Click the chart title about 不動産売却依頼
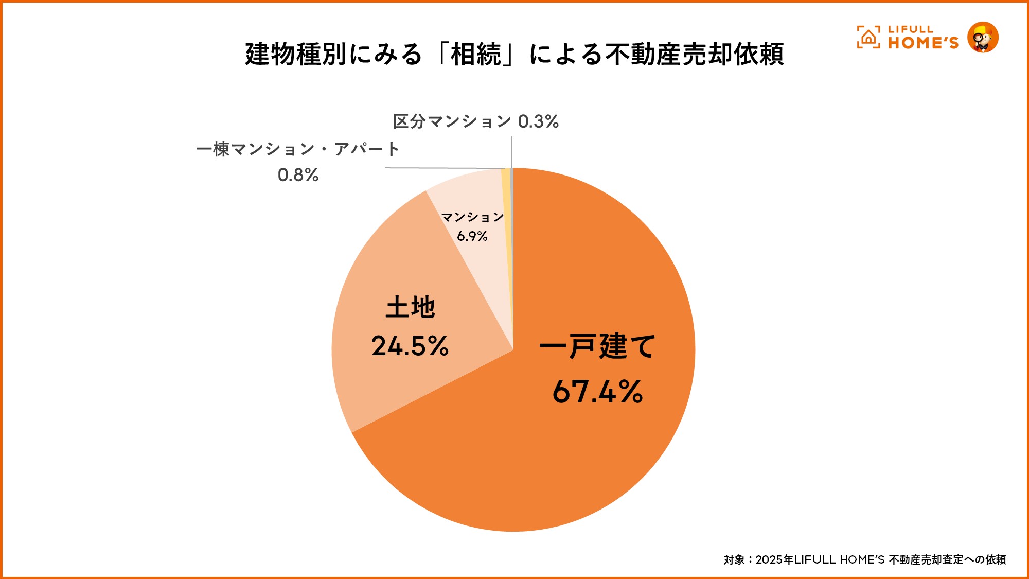[x=514, y=54]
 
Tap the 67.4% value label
[x=597, y=392]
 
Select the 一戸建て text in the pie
[x=597, y=346]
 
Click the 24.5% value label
[x=410, y=346]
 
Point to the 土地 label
[x=410, y=308]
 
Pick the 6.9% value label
[x=472, y=236]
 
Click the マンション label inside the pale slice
[x=472, y=217]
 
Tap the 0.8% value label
[x=298, y=176]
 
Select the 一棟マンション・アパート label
[x=298, y=149]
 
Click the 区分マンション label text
[x=452, y=121]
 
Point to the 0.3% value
[x=538, y=121]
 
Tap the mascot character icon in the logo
[x=983, y=38]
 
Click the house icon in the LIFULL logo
[x=868, y=38]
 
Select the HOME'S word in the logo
[x=923, y=43]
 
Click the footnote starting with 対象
[x=864, y=559]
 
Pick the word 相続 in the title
[x=476, y=54]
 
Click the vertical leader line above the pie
[x=512, y=152]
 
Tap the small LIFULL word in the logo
[x=910, y=29]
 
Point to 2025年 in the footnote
[x=774, y=559]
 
